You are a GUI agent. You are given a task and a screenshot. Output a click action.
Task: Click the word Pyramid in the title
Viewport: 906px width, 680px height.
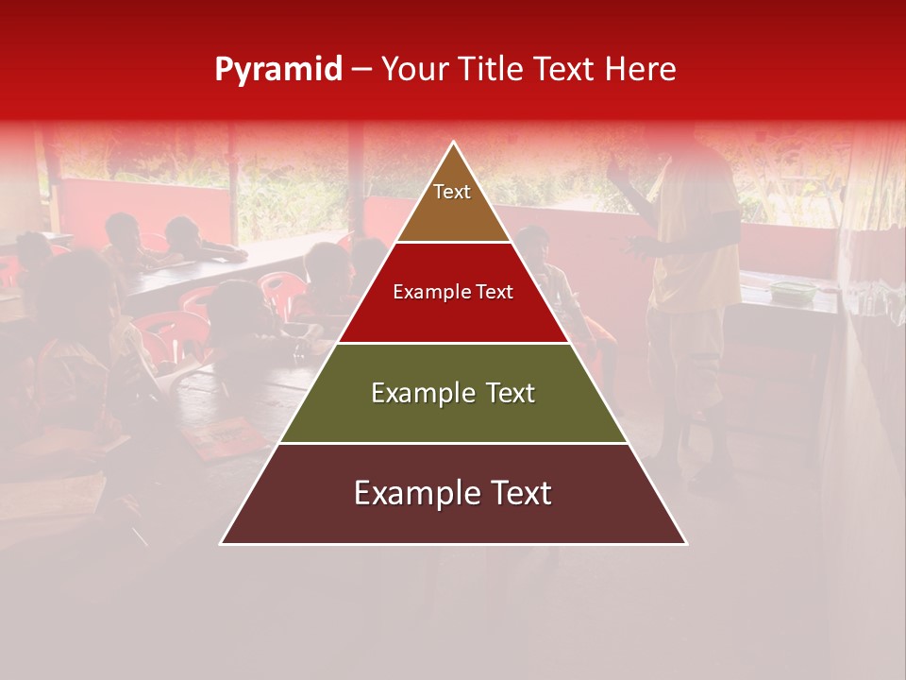tap(277, 70)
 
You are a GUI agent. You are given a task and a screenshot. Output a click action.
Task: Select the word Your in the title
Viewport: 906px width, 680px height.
tap(413, 70)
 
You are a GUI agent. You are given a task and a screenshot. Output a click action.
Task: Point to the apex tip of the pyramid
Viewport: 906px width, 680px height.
tap(454, 144)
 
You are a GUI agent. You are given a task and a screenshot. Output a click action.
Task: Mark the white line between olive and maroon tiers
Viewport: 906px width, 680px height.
tap(453, 443)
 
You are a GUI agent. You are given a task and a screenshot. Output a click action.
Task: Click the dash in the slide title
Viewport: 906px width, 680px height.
tap(361, 70)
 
